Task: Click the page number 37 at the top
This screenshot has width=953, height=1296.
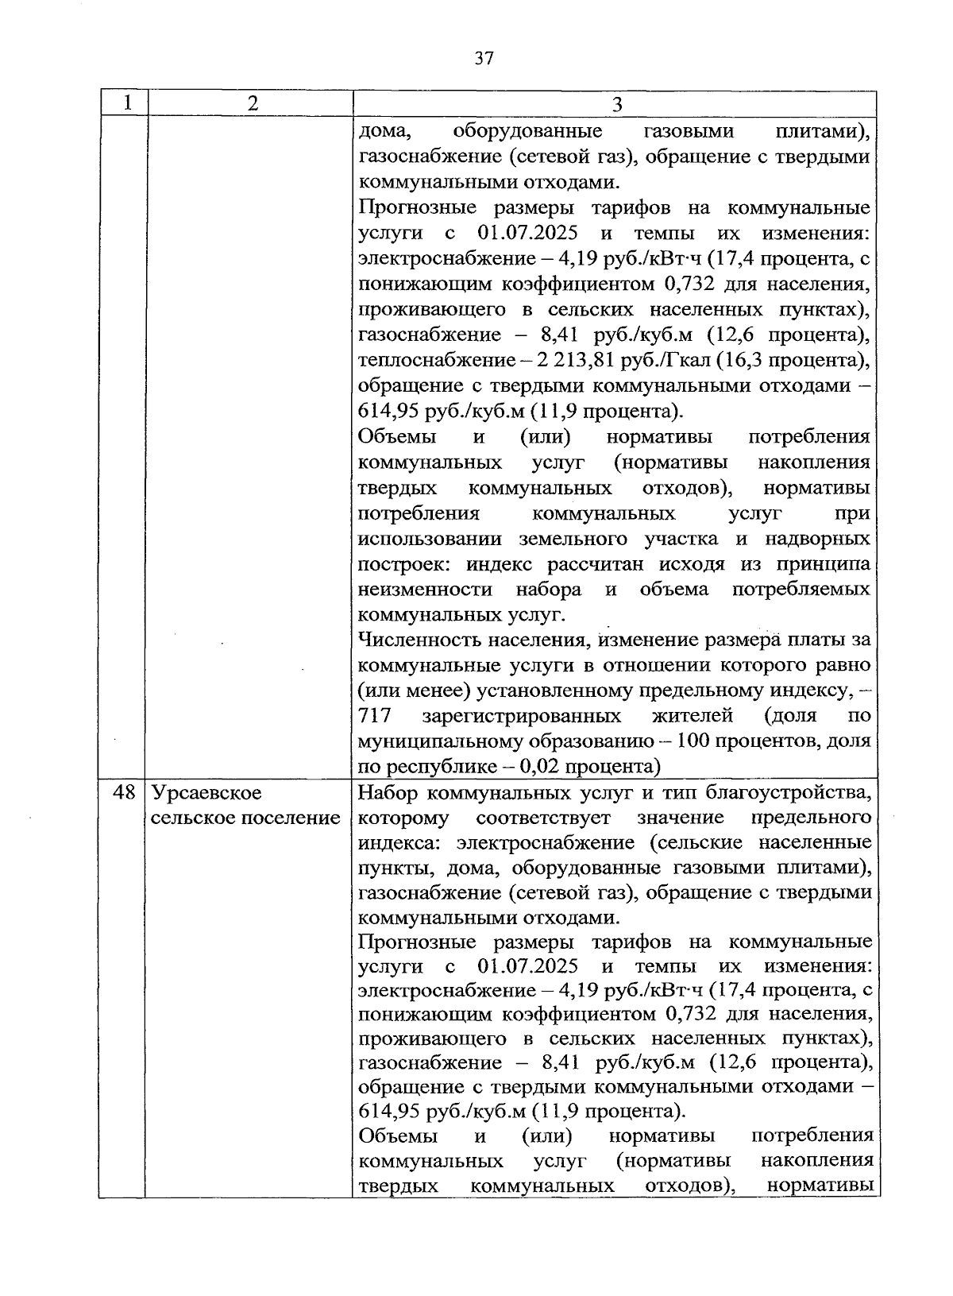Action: click(484, 58)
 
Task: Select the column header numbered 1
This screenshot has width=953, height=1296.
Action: click(125, 103)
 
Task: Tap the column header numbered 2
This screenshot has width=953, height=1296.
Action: click(252, 103)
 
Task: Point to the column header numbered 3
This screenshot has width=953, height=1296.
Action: click(617, 104)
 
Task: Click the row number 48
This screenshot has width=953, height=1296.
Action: click(124, 792)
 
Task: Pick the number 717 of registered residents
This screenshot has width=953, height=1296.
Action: click(376, 715)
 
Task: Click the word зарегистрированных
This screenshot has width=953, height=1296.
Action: click(522, 715)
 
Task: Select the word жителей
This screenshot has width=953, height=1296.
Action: click(692, 715)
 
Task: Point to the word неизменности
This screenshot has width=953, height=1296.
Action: click(426, 590)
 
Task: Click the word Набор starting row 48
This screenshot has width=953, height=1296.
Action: click(388, 792)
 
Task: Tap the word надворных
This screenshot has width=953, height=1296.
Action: click(818, 539)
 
